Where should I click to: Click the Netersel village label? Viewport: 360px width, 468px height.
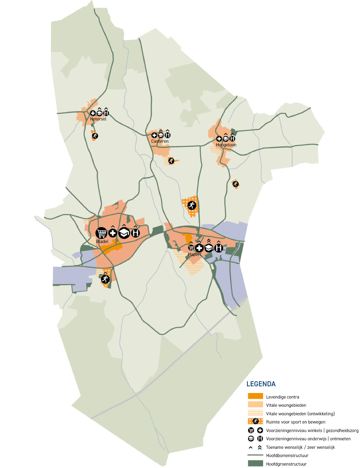click(x=98, y=119)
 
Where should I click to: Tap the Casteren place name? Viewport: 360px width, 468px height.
click(x=160, y=141)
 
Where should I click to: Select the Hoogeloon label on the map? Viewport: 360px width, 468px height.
click(x=226, y=145)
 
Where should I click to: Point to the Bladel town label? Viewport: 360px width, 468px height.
click(x=102, y=241)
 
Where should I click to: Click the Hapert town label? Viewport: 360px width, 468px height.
click(x=194, y=254)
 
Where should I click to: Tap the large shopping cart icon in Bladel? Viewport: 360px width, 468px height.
click(x=102, y=233)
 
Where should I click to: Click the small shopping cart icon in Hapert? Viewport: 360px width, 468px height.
click(x=191, y=248)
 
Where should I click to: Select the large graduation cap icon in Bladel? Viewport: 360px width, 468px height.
click(x=124, y=233)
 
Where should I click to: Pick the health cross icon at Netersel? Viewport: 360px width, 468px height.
click(x=93, y=113)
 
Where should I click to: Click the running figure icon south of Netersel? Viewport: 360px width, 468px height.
click(x=95, y=136)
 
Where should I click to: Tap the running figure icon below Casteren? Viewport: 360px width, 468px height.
click(x=171, y=161)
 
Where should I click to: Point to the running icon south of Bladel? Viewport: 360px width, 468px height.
click(x=105, y=279)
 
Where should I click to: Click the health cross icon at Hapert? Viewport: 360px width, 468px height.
click(x=199, y=248)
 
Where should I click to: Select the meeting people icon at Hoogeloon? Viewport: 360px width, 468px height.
click(x=232, y=139)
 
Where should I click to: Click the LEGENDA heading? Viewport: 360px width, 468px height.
click(x=261, y=384)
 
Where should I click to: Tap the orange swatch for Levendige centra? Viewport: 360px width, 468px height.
click(x=255, y=396)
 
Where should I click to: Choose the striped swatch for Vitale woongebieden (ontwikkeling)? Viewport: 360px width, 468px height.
click(x=255, y=413)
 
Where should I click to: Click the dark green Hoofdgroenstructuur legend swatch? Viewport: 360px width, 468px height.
click(x=255, y=463)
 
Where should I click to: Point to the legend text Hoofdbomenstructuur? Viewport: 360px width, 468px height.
click(x=287, y=455)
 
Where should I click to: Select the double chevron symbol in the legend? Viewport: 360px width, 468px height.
click(x=260, y=447)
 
